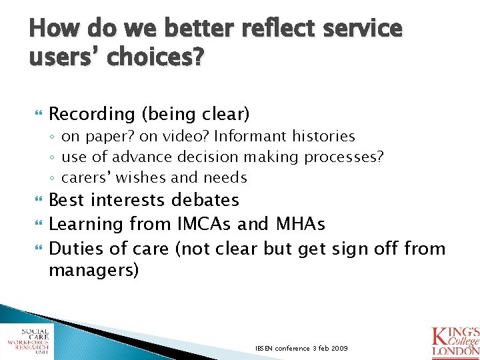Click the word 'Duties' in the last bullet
click(x=75, y=249)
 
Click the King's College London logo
click(x=455, y=340)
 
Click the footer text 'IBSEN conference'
click(x=283, y=349)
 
